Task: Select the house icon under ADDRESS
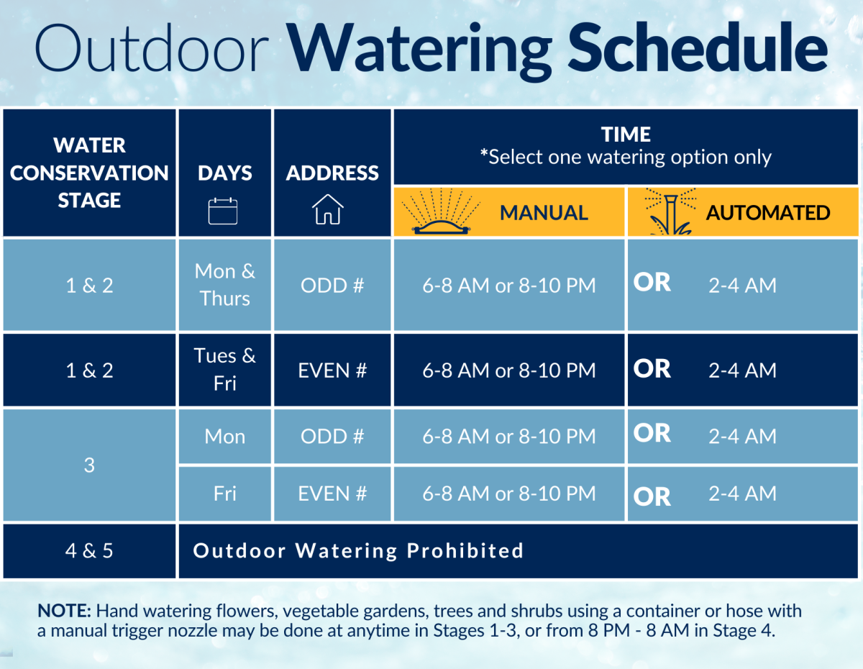328,210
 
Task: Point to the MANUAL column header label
544,213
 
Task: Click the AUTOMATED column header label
768,213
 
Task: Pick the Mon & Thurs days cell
225,285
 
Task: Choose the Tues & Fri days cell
225,370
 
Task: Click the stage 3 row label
89,465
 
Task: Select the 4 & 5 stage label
89,551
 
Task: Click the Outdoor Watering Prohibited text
358,551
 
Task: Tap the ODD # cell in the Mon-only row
332,437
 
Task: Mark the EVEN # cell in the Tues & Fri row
332,370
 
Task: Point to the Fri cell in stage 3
225,493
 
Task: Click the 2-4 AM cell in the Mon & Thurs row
742,286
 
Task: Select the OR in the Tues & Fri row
652,368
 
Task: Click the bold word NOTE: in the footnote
64,611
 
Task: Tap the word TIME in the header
626,135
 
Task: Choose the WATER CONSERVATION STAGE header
89,173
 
